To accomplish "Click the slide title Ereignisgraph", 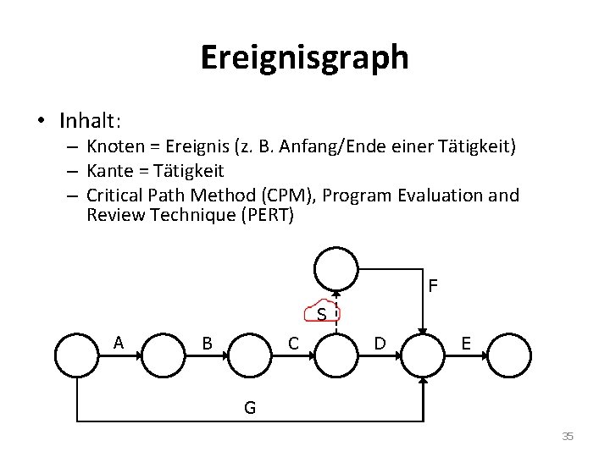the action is tap(304, 58).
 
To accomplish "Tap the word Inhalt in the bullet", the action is tap(88, 119).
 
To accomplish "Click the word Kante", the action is tap(108, 171).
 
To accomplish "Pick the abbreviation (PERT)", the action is tap(267, 215).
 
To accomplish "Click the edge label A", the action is tap(119, 343).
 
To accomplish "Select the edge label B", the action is tap(207, 344).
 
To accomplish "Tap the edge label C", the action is tap(293, 344).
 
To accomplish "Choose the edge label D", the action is tap(380, 344).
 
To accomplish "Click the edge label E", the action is tap(465, 344).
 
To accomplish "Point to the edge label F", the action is tap(433, 287).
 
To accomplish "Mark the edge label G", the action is tap(250, 408).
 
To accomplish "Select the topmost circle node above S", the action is tap(336, 268).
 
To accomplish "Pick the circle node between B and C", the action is tap(250, 355).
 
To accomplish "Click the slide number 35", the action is tap(568, 437).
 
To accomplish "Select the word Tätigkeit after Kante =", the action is tap(184, 171).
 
